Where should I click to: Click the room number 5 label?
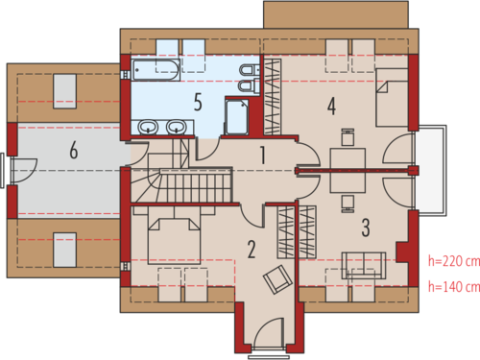[x=198, y=102]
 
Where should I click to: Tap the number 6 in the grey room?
[x=74, y=150]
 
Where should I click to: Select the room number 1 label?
[x=263, y=156]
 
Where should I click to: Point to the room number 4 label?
[x=332, y=107]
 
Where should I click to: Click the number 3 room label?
[x=366, y=228]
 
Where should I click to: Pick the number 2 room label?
[x=252, y=250]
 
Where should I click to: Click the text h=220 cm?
[x=454, y=261]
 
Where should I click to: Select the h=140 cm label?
[x=454, y=287]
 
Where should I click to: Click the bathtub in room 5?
[x=156, y=70]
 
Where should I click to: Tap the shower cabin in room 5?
[x=237, y=117]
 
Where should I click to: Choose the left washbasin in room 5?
[x=148, y=127]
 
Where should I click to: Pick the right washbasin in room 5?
[x=177, y=127]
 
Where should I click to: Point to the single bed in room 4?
[x=392, y=97]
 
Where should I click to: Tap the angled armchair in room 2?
[x=277, y=279]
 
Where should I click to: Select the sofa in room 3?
[x=364, y=265]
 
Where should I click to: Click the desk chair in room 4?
[x=348, y=137]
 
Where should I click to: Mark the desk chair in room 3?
[x=348, y=204]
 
